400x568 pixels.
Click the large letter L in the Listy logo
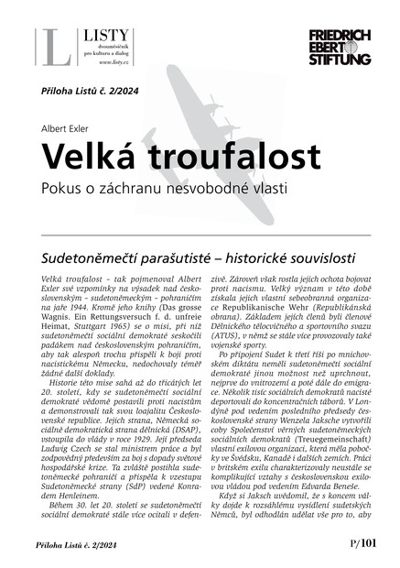(x=54, y=49)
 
